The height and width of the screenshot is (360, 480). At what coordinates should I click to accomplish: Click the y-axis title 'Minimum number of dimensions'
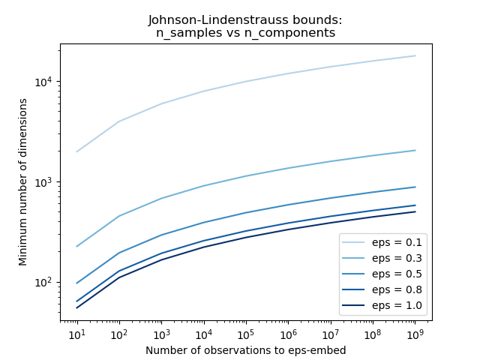click(23, 182)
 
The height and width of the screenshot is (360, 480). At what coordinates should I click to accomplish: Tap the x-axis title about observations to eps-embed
click(245, 349)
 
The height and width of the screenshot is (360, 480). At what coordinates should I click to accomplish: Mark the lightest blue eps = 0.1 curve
click(246, 81)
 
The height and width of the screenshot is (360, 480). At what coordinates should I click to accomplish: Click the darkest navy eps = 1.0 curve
click(246, 237)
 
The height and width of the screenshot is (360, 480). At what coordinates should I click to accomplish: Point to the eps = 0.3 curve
click(246, 175)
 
